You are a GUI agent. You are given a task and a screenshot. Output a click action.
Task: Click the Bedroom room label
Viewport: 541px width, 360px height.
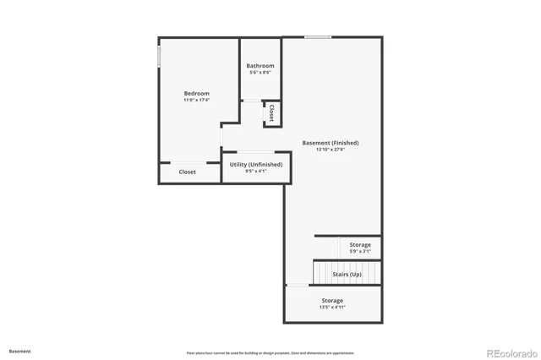pos(197,93)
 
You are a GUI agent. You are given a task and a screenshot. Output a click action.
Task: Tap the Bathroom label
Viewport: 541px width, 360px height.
pos(260,66)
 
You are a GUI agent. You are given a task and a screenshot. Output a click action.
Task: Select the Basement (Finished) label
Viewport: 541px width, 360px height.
pos(331,143)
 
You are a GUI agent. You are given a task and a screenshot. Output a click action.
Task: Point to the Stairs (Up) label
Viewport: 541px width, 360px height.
pos(347,275)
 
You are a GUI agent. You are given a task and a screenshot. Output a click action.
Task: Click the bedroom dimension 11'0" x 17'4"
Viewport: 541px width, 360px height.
pos(197,100)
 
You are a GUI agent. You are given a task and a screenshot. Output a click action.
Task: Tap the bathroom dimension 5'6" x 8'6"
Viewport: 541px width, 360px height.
pos(260,73)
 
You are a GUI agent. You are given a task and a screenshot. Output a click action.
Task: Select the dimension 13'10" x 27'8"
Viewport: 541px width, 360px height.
pos(331,150)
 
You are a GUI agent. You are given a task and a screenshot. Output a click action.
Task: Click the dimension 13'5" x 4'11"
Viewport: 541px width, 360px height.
pos(332,308)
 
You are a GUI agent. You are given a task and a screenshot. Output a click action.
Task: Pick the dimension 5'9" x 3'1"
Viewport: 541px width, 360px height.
pos(360,251)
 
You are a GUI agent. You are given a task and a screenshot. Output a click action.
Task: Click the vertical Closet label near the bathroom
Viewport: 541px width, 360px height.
pos(271,113)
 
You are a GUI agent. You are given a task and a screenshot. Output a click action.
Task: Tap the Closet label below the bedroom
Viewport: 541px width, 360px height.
pos(188,172)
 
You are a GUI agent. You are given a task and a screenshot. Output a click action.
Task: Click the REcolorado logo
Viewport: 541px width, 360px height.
pos(510,352)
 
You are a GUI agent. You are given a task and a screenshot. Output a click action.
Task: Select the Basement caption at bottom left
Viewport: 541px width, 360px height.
pos(20,351)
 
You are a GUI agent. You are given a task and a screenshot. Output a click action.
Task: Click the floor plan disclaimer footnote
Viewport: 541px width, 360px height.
pos(270,352)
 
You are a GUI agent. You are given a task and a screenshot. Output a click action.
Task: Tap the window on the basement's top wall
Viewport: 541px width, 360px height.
pos(318,36)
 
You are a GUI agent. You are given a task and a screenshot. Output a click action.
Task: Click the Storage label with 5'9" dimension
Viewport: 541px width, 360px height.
pos(360,244)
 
